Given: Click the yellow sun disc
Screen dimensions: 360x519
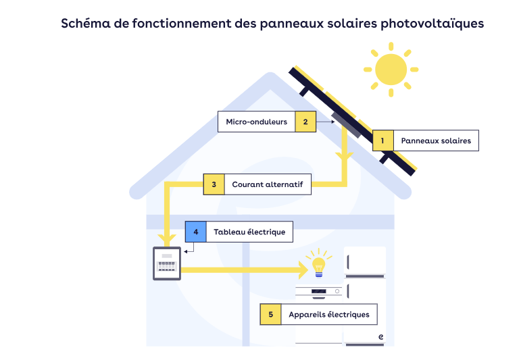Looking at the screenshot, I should point(391,68).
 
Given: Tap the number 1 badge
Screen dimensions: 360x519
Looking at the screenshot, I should point(382,140).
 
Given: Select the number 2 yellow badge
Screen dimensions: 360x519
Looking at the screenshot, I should point(305,122).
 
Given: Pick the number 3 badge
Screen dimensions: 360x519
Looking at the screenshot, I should point(214,184).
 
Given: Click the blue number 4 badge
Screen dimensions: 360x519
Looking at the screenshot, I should point(196,232).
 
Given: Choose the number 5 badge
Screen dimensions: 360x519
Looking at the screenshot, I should point(270,315).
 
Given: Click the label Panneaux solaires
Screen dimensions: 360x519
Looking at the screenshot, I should point(435,140).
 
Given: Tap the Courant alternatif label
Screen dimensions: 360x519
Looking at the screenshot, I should point(267,184).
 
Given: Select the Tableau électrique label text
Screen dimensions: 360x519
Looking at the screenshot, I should point(249,232).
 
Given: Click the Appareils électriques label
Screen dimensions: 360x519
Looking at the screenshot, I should point(328,315).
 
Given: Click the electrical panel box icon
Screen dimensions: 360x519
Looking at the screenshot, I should point(166,264).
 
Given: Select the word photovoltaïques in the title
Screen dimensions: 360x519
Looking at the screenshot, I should point(432,24).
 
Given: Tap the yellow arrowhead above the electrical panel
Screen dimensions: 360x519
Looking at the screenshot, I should point(166,240).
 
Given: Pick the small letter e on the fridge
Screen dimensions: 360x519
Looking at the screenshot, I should point(381,336).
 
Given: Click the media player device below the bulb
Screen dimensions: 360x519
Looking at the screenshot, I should point(319,292).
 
